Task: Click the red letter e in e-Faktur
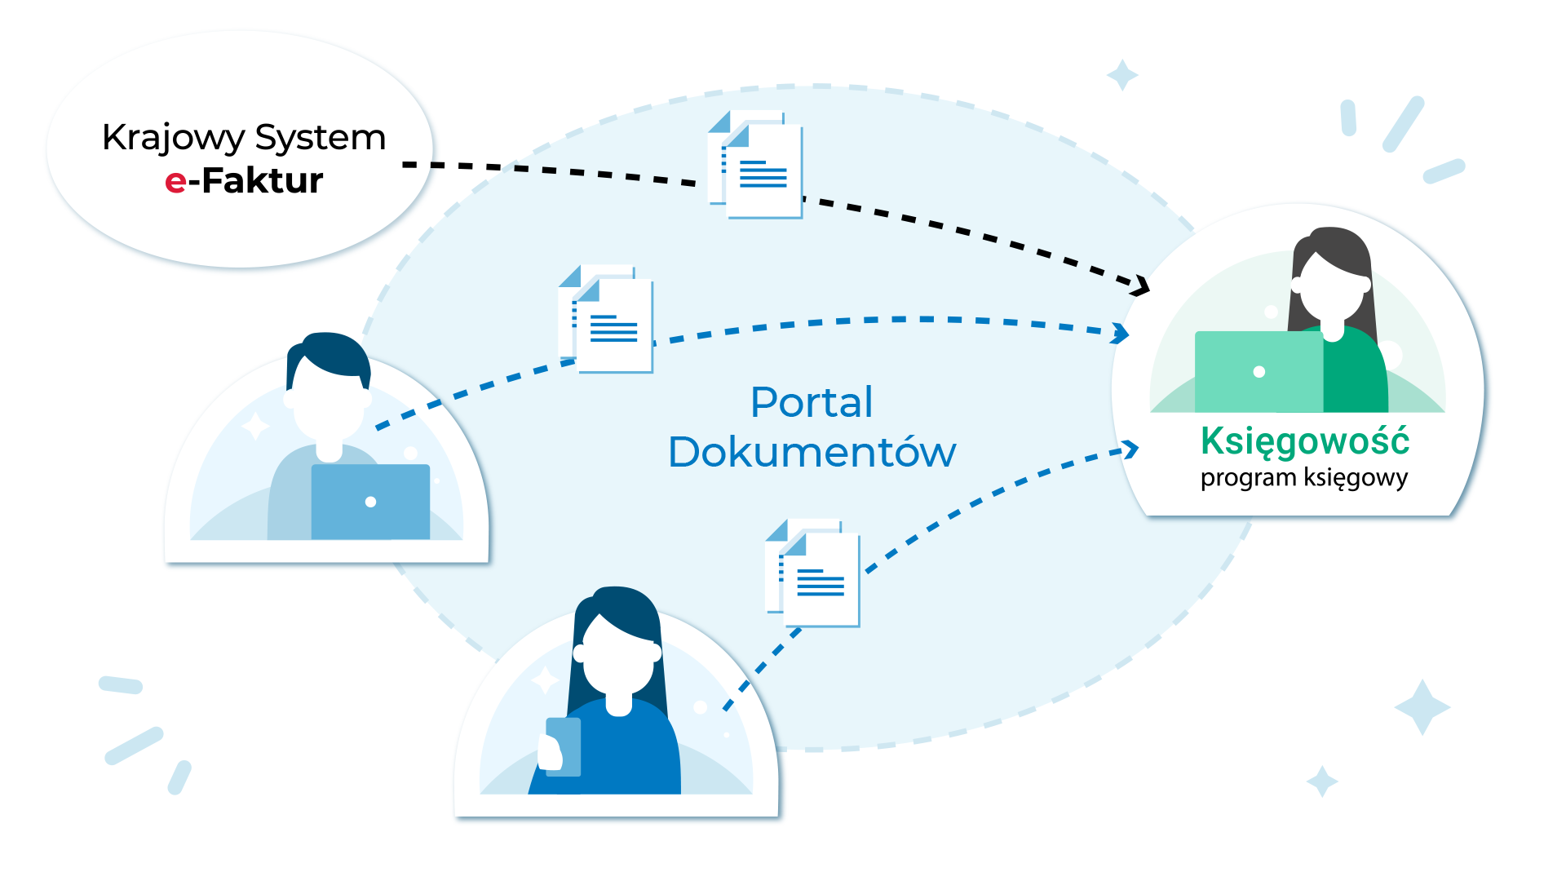point(175,182)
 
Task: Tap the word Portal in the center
point(812,402)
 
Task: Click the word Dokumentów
point(812,452)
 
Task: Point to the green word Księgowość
point(1304,441)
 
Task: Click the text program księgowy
point(1303,477)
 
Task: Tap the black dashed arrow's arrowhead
point(1142,286)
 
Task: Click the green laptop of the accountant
point(1258,372)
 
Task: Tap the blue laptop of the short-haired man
point(370,502)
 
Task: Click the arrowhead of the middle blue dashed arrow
point(1122,333)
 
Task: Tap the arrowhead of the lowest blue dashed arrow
point(1131,449)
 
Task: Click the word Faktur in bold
point(262,181)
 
